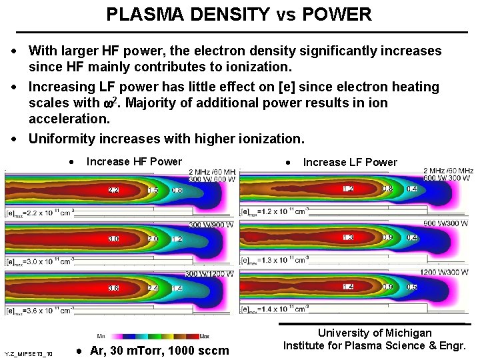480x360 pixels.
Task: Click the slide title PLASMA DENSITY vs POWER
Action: coord(239,14)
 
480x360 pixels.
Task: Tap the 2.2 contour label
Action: coord(114,191)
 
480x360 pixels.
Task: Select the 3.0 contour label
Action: coord(114,239)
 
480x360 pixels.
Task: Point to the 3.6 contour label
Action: coord(114,288)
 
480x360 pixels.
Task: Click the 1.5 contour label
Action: coord(152,191)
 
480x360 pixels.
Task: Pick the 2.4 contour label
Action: coord(152,288)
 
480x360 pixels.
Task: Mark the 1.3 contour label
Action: coord(349,238)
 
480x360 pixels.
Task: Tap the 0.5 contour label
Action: coord(413,287)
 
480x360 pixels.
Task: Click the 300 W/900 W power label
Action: coord(211,225)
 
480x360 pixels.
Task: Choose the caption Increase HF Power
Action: coord(134,161)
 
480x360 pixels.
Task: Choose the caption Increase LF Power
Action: coord(350,162)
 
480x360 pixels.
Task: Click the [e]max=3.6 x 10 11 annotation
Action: coord(40,311)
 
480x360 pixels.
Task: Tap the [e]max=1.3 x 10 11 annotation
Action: coord(274,261)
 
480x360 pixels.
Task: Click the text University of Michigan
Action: coord(375,333)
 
